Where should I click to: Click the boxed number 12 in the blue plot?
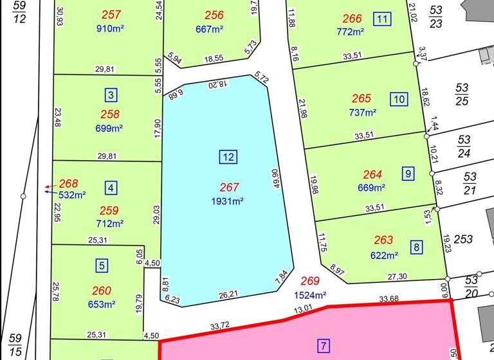pos(228,156)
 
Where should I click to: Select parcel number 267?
pos(230,188)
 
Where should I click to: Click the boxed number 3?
pos(111,95)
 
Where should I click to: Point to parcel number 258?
pos(111,114)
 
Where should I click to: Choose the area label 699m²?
pos(109,128)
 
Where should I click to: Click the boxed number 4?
pos(111,188)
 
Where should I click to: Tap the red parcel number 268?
pos(68,184)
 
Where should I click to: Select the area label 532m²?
pos(72,195)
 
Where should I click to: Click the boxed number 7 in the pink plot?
pos(324,346)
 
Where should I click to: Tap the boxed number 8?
pos(417,247)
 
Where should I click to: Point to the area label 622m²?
pos(383,255)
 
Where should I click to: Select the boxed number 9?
pos(408,173)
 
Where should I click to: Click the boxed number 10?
pos(399,99)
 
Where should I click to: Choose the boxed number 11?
pos(383,19)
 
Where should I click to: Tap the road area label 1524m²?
pos(311,296)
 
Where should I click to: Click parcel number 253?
pos(463,239)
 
